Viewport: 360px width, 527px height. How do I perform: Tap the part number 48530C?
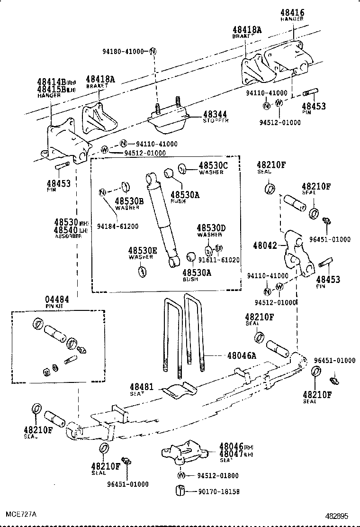(213, 165)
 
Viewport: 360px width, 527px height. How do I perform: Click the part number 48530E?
(141, 250)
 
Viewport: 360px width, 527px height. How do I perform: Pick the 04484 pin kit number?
(57, 300)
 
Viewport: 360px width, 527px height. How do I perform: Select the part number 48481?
(142, 387)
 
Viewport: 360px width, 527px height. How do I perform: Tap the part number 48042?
(263, 245)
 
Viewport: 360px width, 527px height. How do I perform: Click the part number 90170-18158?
(218, 492)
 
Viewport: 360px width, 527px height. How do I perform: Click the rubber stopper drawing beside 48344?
(170, 121)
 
